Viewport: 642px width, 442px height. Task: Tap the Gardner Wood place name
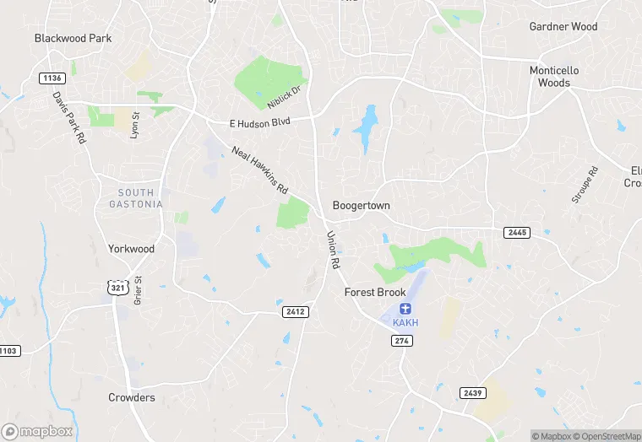[563, 27]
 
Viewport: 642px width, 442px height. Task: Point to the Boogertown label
[361, 206]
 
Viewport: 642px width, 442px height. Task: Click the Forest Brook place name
[375, 293]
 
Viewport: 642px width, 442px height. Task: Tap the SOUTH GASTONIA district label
[136, 199]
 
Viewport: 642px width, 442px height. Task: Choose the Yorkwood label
[131, 249]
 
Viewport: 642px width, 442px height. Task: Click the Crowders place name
[131, 397]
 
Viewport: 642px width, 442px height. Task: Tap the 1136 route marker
[52, 78]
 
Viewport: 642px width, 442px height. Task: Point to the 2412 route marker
[295, 312]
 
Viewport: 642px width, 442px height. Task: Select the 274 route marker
[402, 340]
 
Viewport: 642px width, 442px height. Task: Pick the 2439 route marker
[472, 393]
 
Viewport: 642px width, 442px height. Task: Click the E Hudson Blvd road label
[260, 123]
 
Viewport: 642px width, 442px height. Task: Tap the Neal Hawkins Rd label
[260, 171]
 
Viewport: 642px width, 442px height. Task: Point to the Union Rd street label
[333, 251]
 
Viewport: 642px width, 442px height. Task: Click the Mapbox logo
[38, 431]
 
